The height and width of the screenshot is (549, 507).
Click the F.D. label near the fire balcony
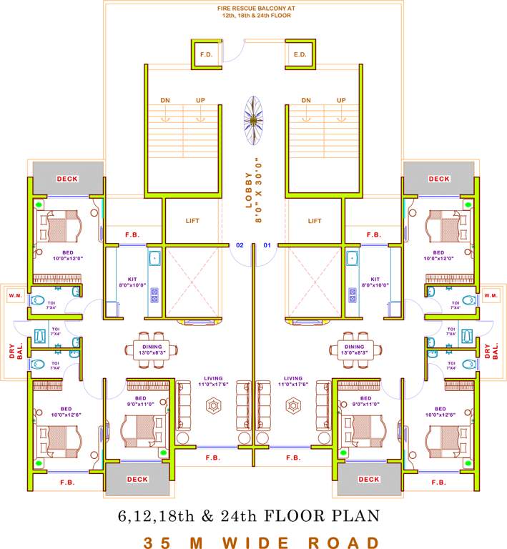(x=207, y=54)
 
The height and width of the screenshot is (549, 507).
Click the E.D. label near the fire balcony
(x=300, y=54)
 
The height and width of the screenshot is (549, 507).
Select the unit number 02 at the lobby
(x=240, y=245)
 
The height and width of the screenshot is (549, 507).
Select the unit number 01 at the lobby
(x=267, y=245)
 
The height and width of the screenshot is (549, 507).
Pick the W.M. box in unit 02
(x=16, y=295)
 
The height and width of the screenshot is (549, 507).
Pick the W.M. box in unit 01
(x=491, y=295)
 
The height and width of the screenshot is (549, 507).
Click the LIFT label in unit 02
(x=192, y=221)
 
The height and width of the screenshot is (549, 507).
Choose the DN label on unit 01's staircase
(x=306, y=100)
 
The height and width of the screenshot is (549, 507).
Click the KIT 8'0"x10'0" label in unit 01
(x=375, y=282)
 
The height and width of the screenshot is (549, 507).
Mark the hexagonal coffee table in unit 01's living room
(x=293, y=405)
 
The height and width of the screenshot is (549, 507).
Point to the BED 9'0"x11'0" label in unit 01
(x=365, y=401)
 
